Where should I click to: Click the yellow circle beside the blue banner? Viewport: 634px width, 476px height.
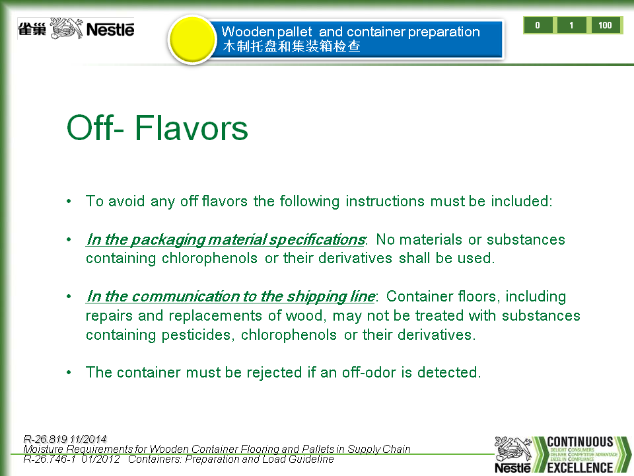192,39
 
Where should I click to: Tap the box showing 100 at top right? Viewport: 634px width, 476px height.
606,25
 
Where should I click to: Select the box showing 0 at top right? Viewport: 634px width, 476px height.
538,25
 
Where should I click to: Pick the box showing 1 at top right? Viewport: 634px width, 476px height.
571,25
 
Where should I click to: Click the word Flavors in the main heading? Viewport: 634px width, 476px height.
191,128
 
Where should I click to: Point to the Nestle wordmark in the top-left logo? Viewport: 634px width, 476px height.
110,30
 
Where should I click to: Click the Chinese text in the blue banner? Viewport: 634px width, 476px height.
291,46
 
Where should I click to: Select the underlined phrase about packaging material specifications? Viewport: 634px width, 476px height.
226,239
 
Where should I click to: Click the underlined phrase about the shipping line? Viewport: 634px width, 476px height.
230,297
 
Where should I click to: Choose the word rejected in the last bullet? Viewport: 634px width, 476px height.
274,372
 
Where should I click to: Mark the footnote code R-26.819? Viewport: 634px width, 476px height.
45,439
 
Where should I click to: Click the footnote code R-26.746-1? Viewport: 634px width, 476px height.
50,459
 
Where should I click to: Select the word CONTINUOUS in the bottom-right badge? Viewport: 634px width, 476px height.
580,442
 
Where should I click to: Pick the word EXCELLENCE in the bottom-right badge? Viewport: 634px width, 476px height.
581,467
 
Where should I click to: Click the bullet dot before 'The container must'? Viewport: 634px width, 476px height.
69,372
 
